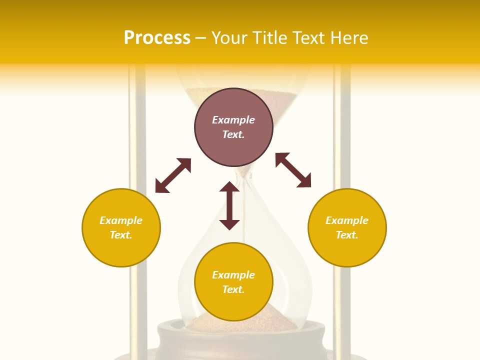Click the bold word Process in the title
click(x=157, y=38)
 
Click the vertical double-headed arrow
click(x=229, y=205)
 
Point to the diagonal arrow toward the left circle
click(x=173, y=175)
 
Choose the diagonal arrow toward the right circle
click(x=293, y=170)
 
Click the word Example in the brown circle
click(x=233, y=120)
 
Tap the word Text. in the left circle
click(x=121, y=235)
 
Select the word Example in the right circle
click(x=347, y=220)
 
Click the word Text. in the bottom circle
click(x=233, y=289)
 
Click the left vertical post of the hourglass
click(x=137, y=150)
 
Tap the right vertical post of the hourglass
click(x=342, y=150)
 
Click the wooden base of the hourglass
click(x=240, y=340)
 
